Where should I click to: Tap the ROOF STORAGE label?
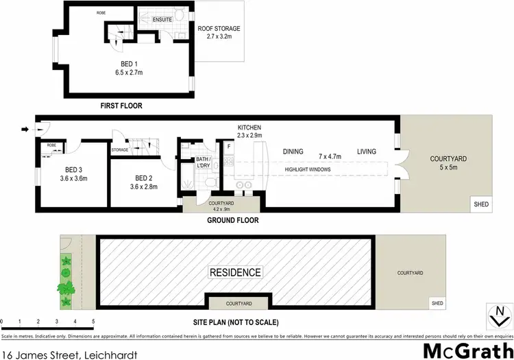pos(219,29)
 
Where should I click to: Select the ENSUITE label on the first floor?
pos(162,20)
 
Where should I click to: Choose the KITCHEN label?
pos(249,128)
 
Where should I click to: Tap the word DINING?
pos(295,152)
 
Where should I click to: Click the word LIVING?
pos(368,152)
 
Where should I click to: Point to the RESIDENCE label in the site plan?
pos(236,272)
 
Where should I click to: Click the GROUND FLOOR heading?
pos(232,221)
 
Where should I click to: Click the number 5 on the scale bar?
pos(93,321)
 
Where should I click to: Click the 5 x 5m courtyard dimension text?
pos(448,167)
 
